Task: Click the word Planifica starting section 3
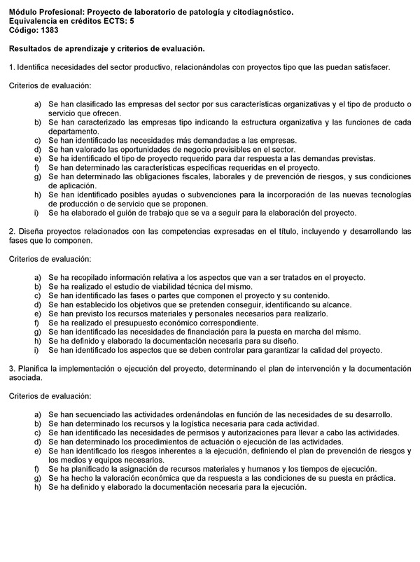[31, 368]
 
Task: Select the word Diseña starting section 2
[29, 231]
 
